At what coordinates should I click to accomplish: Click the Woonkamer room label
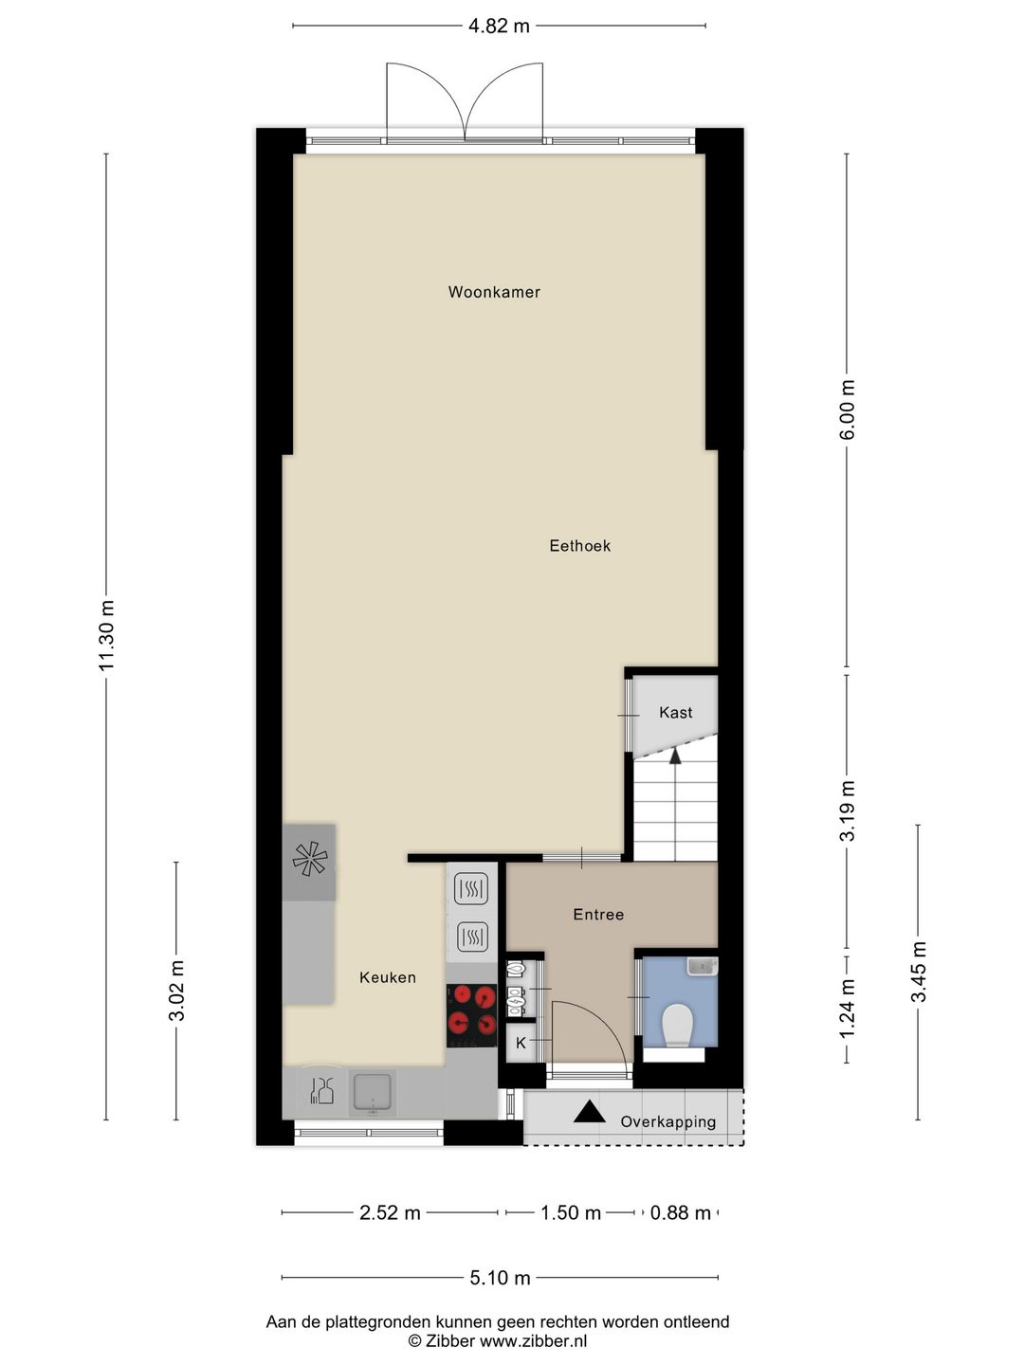pos(494,292)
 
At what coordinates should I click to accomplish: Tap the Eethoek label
pos(579,545)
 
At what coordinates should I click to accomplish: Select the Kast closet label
pos(675,713)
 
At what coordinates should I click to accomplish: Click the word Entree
pos(598,915)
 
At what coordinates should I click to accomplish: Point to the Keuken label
pos(387,977)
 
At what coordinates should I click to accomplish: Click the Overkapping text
pos(667,1122)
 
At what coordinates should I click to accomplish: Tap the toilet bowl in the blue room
pos(678,1025)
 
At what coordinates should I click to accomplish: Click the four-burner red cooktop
pos(472,1010)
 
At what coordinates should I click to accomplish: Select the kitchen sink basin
pos(373,1092)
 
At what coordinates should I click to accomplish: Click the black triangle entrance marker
pos(590,1112)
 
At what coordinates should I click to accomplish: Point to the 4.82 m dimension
pos(499,27)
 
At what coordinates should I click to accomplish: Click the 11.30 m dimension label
pos(106,635)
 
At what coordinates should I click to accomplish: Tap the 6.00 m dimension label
pos(848,409)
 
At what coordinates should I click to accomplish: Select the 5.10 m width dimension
pos(500,1278)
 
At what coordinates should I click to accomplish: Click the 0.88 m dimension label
pos(680,1213)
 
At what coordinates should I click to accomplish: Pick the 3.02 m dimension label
pos(176,991)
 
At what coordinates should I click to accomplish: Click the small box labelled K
pos(521,1043)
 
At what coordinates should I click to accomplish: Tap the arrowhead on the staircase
pos(675,755)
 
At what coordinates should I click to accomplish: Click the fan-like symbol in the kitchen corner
pos(309,860)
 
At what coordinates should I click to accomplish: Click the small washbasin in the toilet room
pos(702,966)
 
